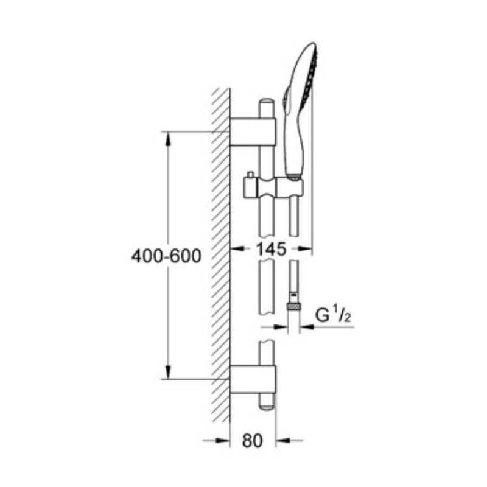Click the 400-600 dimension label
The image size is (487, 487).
[x=166, y=256]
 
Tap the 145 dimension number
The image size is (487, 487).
[x=271, y=249]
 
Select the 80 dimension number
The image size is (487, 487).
[x=252, y=440]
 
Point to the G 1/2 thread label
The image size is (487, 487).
[x=333, y=314]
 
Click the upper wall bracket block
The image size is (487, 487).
[x=253, y=132]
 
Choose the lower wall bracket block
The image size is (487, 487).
[x=253, y=379]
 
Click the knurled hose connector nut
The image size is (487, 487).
[x=293, y=307]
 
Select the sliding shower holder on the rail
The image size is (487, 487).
[x=273, y=187]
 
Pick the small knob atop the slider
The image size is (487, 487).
[x=250, y=175]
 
